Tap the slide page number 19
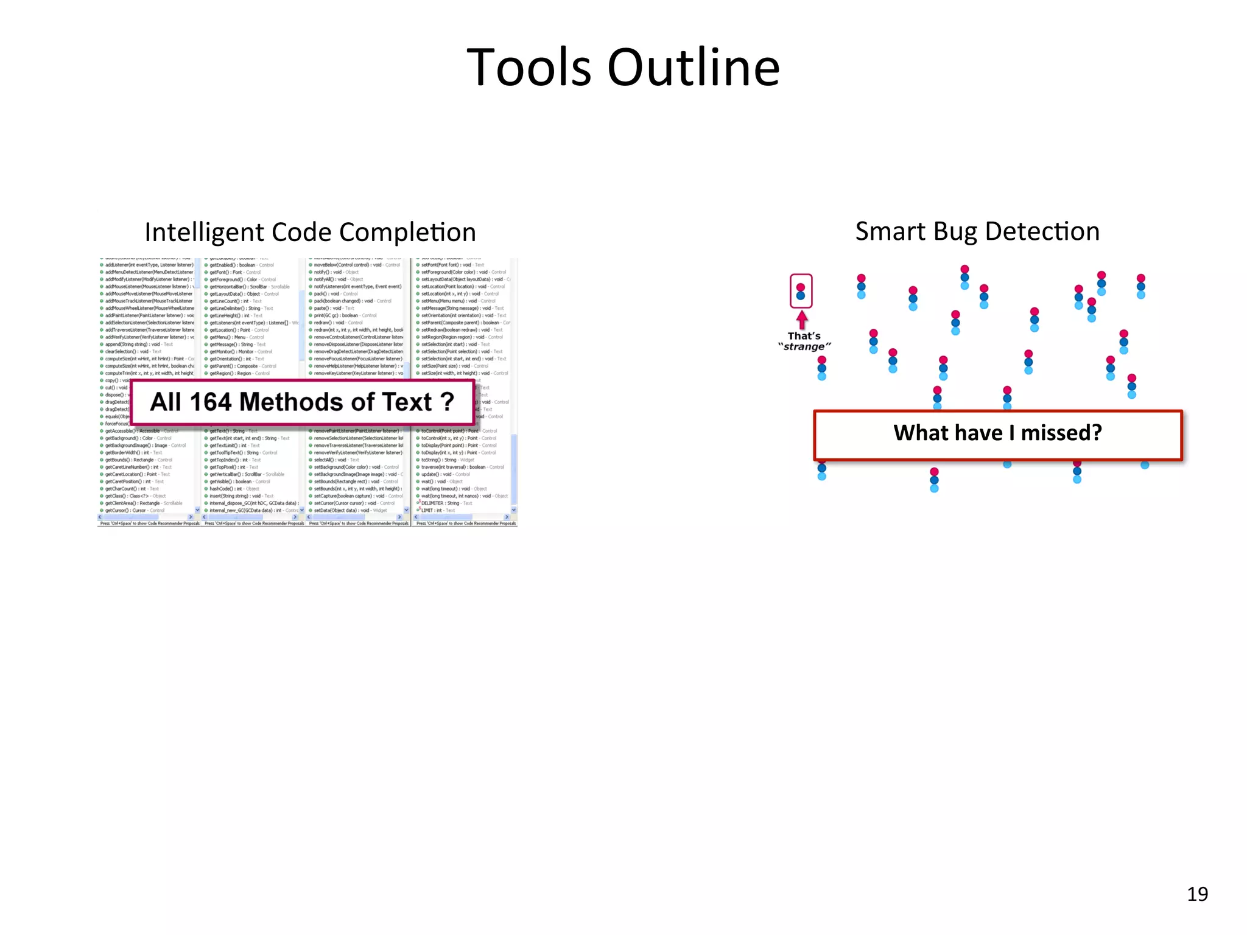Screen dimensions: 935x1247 1197,894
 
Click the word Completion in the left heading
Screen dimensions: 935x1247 407,233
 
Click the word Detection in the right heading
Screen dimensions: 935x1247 1042,232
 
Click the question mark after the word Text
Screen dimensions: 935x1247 448,402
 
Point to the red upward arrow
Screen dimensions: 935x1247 802,319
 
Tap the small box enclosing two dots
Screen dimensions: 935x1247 801,291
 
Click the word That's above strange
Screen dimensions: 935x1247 804,336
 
